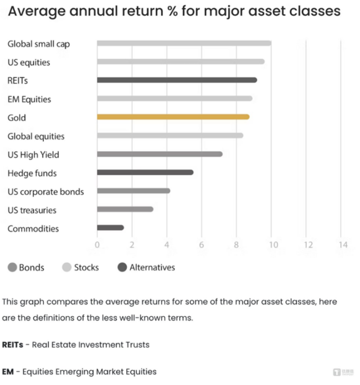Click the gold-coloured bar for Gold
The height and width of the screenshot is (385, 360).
coord(173,117)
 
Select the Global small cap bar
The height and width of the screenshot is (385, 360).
coord(184,43)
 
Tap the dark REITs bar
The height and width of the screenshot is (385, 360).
coord(177,80)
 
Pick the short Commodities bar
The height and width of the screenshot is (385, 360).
coord(110,228)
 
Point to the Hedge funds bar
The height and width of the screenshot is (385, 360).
coord(145,172)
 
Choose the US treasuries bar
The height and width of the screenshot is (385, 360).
coord(125,209)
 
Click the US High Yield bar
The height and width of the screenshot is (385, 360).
coord(160,154)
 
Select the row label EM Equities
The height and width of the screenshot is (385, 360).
coord(29,99)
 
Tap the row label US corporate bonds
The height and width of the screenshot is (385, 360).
coord(46,192)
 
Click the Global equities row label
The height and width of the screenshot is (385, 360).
coord(36,136)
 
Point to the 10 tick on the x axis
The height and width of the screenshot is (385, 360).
coord(271,245)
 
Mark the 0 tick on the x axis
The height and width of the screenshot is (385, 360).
coord(97,245)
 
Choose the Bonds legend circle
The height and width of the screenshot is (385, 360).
coord(12,268)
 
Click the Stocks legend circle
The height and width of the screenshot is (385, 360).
coord(67,268)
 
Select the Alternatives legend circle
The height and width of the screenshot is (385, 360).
coord(122,268)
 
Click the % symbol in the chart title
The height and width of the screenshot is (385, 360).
coord(167,11)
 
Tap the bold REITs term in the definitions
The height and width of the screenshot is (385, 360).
coord(13,345)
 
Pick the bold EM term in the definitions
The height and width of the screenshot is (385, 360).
coord(8,372)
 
